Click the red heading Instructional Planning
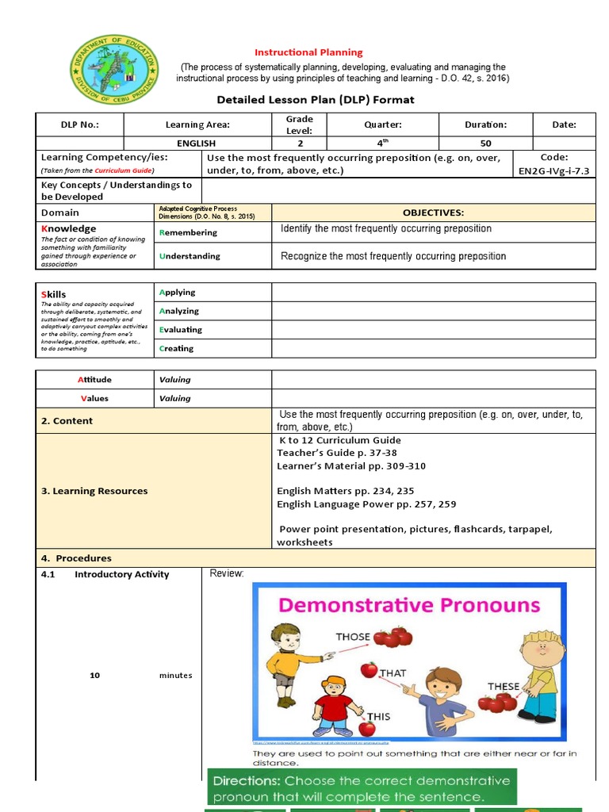[x=308, y=52]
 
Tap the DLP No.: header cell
[x=80, y=124]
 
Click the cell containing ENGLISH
[x=197, y=144]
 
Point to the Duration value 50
[x=485, y=144]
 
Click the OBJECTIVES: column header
[x=433, y=213]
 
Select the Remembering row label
[x=189, y=232]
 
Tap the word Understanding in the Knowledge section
[x=190, y=256]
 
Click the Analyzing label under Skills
[x=179, y=311]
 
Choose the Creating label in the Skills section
[x=177, y=348]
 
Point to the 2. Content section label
[x=67, y=421]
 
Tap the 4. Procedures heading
[x=76, y=558]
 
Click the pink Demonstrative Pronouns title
[x=409, y=606]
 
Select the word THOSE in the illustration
[x=353, y=637]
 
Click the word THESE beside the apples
[x=504, y=687]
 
